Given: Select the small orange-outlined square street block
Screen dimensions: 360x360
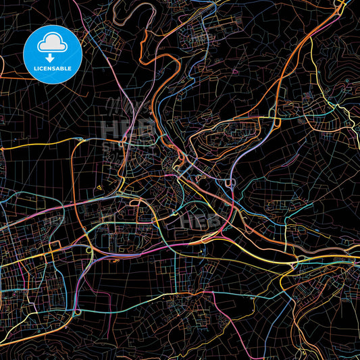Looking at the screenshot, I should tap(144, 215).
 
